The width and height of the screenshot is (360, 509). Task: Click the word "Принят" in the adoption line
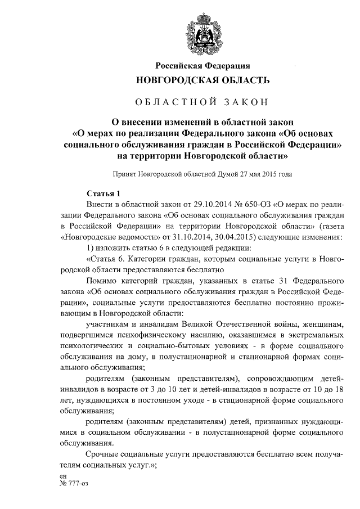(x=125, y=174)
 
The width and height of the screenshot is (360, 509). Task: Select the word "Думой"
(x=231, y=174)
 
